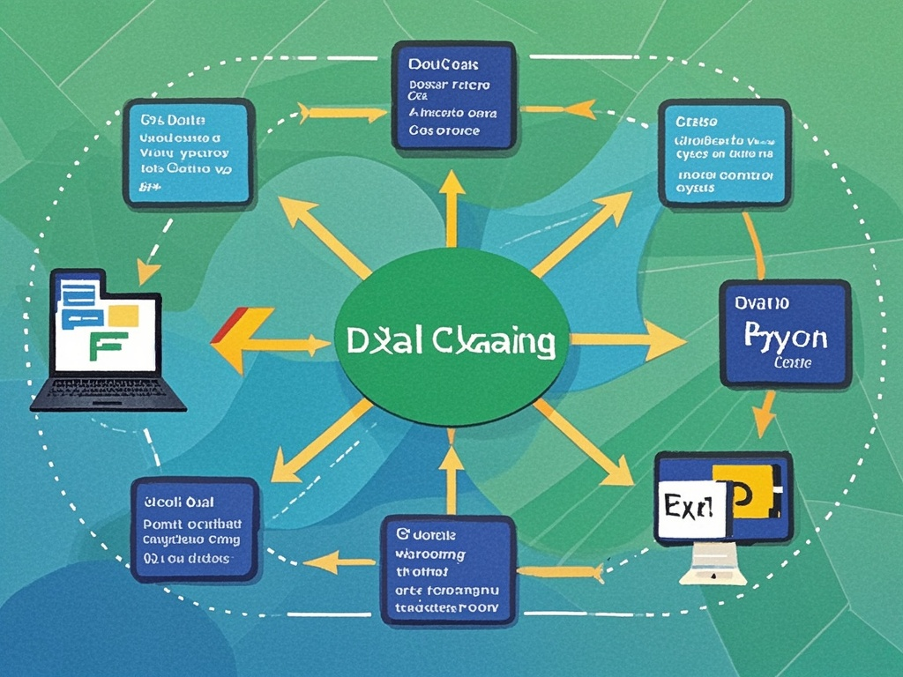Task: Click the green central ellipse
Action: [450, 339]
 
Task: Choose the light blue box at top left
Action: [189, 152]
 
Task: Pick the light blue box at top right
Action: [722, 153]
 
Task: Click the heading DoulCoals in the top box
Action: [444, 64]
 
